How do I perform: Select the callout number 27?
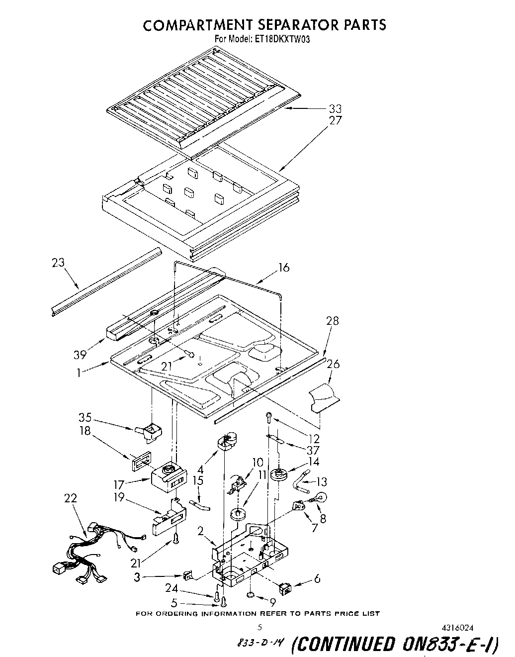click(x=336, y=120)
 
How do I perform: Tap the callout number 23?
click(x=58, y=263)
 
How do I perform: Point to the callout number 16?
click(x=283, y=268)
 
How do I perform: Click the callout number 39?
click(x=80, y=354)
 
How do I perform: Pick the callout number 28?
click(x=332, y=321)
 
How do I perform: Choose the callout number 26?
click(x=333, y=365)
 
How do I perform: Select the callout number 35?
click(x=85, y=417)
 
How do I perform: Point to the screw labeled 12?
click(x=269, y=417)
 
